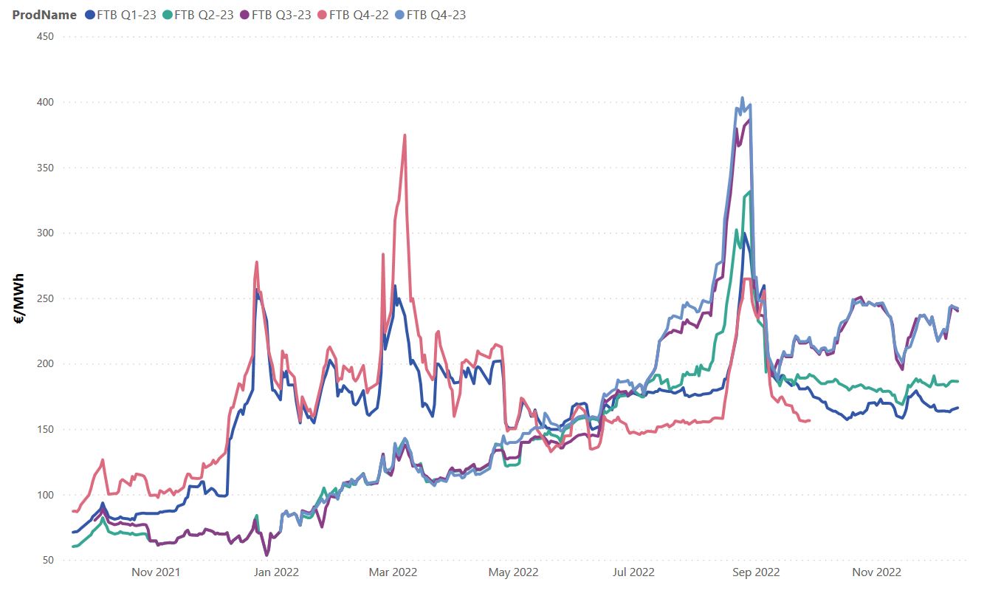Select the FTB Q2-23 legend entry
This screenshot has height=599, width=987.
click(204, 15)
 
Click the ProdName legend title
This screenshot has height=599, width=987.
click(44, 15)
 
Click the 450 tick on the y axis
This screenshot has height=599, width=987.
click(45, 36)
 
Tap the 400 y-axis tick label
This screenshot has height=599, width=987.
click(45, 102)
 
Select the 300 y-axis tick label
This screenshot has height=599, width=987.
click(45, 233)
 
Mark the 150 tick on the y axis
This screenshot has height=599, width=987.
click(45, 429)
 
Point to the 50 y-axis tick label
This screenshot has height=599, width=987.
click(48, 560)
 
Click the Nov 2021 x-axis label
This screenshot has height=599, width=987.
click(156, 572)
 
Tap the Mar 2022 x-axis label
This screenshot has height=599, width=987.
click(393, 572)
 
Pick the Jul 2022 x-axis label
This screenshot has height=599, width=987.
click(633, 572)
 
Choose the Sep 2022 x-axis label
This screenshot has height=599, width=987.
click(755, 572)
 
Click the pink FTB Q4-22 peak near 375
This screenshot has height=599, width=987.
click(405, 135)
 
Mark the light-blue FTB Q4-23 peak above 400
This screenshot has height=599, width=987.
click(742, 98)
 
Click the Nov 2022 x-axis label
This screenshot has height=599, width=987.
click(876, 572)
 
